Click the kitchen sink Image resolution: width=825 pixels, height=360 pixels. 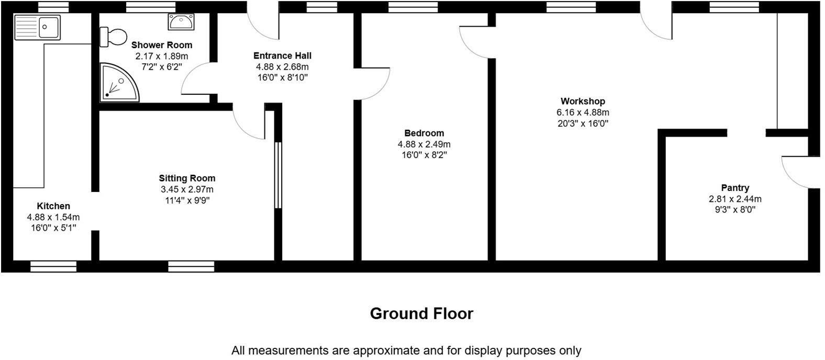point(38,27)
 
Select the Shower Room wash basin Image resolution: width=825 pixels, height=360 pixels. point(181,22)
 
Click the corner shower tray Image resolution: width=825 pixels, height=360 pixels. point(118,83)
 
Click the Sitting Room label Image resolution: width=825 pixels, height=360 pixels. point(187,178)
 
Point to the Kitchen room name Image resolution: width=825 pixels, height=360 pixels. point(53,206)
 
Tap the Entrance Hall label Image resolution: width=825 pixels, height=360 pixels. point(282,55)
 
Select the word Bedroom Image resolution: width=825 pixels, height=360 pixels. point(424,133)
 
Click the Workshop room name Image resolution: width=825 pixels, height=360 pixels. point(583,101)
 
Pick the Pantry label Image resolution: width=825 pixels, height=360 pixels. point(735,188)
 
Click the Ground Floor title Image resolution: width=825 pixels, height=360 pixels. point(421,313)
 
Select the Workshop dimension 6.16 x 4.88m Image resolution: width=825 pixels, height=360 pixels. point(583,113)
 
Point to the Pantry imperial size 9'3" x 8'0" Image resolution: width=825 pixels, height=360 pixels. point(735,210)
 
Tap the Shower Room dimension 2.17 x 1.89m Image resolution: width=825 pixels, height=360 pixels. point(161,56)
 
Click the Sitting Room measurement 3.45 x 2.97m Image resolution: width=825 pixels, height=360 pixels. point(187,189)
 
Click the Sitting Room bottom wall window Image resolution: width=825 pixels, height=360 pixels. point(191,266)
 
